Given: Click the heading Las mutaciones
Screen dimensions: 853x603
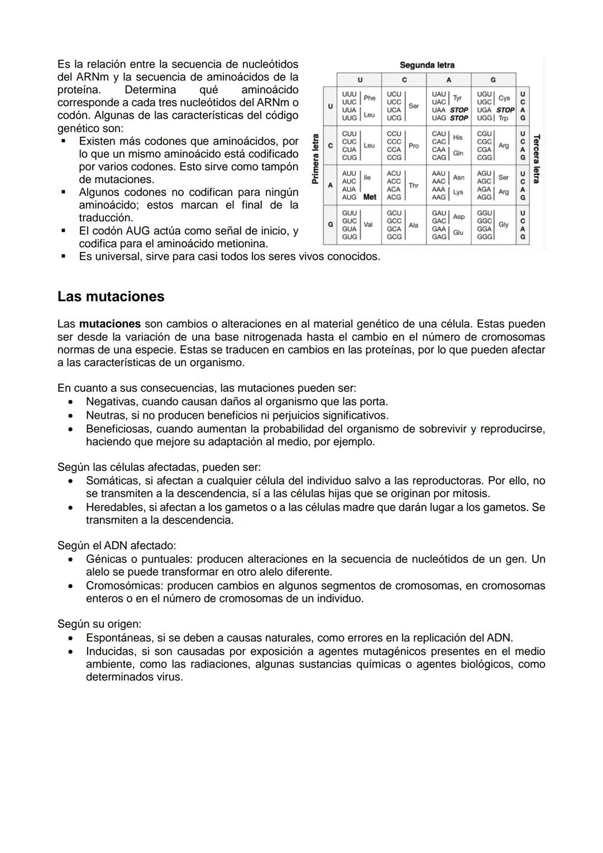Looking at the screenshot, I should point(111,297).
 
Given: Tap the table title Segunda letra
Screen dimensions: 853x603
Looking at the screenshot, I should point(427,65).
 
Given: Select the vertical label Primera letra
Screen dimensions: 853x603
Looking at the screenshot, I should point(315,159).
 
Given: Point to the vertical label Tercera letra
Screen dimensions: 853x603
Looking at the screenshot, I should point(536,159).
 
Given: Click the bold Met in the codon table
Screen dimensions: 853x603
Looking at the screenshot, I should point(370,197).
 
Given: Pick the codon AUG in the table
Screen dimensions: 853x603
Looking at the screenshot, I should point(349,197).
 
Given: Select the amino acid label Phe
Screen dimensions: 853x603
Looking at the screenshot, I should point(369,98).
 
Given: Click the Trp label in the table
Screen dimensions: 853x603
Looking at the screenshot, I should point(503,118).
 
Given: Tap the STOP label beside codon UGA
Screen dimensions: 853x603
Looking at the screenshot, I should point(505,110).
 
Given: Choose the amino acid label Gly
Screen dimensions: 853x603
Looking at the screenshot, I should point(503,225).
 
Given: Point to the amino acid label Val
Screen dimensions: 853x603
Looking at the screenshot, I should point(368,225).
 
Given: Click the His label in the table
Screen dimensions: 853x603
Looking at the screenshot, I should point(458,137).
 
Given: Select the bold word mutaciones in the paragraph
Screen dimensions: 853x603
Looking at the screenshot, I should point(110,324).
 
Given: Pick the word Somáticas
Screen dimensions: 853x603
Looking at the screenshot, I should point(112,481).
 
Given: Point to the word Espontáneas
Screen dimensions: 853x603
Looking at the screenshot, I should point(118,638).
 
